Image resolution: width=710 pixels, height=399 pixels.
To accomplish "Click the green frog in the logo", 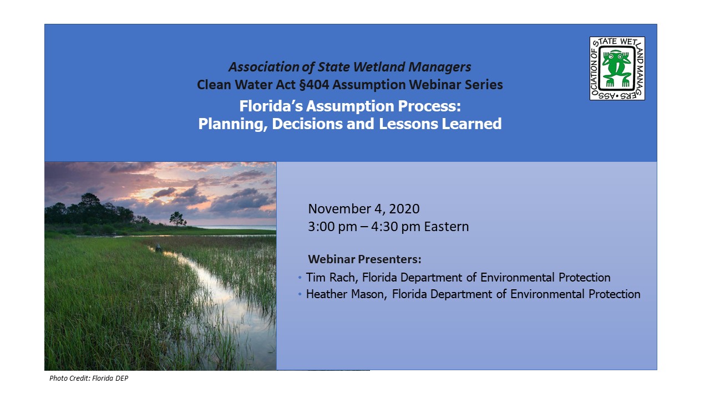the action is pos(617,69).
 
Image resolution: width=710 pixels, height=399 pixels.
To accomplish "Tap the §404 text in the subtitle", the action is pos(314,85).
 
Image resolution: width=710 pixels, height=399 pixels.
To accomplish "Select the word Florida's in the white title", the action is pos(271,106).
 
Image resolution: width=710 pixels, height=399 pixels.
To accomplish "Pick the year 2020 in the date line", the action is pos(404,209).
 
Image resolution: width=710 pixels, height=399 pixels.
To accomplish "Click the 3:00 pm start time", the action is pos(332,227).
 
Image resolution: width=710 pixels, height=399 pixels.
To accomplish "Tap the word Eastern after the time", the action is pos(447,227).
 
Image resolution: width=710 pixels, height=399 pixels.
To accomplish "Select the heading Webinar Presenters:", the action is pos(364,259).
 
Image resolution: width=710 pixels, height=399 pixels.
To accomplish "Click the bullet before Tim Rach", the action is pos(300,278).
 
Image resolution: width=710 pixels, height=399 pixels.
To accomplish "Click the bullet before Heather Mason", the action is pos(300,294).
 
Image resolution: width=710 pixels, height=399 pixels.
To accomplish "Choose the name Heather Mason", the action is pos(345,294).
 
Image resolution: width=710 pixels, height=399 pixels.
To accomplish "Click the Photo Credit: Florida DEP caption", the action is pos(89,378).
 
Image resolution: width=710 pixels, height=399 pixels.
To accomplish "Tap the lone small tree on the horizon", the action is pos(177,218).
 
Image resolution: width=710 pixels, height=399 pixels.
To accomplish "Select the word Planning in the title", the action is pos(232,124).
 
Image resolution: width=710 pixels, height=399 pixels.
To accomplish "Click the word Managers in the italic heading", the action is pos(440,67).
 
